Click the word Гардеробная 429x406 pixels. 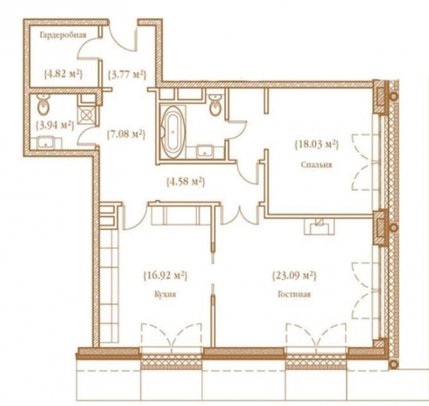tap(63, 35)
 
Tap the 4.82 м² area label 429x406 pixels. tap(63, 73)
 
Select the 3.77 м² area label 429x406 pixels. tap(127, 74)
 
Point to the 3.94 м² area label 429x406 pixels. tap(55, 125)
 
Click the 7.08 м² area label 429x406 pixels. tap(126, 134)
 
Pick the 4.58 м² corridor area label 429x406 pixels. tap(185, 181)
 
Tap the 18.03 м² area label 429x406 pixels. tap(316, 144)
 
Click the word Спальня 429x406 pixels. tap(316, 165)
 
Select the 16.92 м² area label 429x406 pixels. tap(165, 275)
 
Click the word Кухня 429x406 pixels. tap(165, 295)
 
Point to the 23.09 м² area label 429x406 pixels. tap(294, 275)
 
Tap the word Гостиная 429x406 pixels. tap(294, 294)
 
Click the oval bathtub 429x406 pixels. tap(172, 132)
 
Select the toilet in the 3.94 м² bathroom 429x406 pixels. tap(43, 105)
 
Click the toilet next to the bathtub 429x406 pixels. tap(215, 106)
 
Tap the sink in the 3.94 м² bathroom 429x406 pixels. tap(46, 143)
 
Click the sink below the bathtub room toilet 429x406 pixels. tap(205, 152)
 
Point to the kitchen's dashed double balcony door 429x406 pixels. tap(172, 336)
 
